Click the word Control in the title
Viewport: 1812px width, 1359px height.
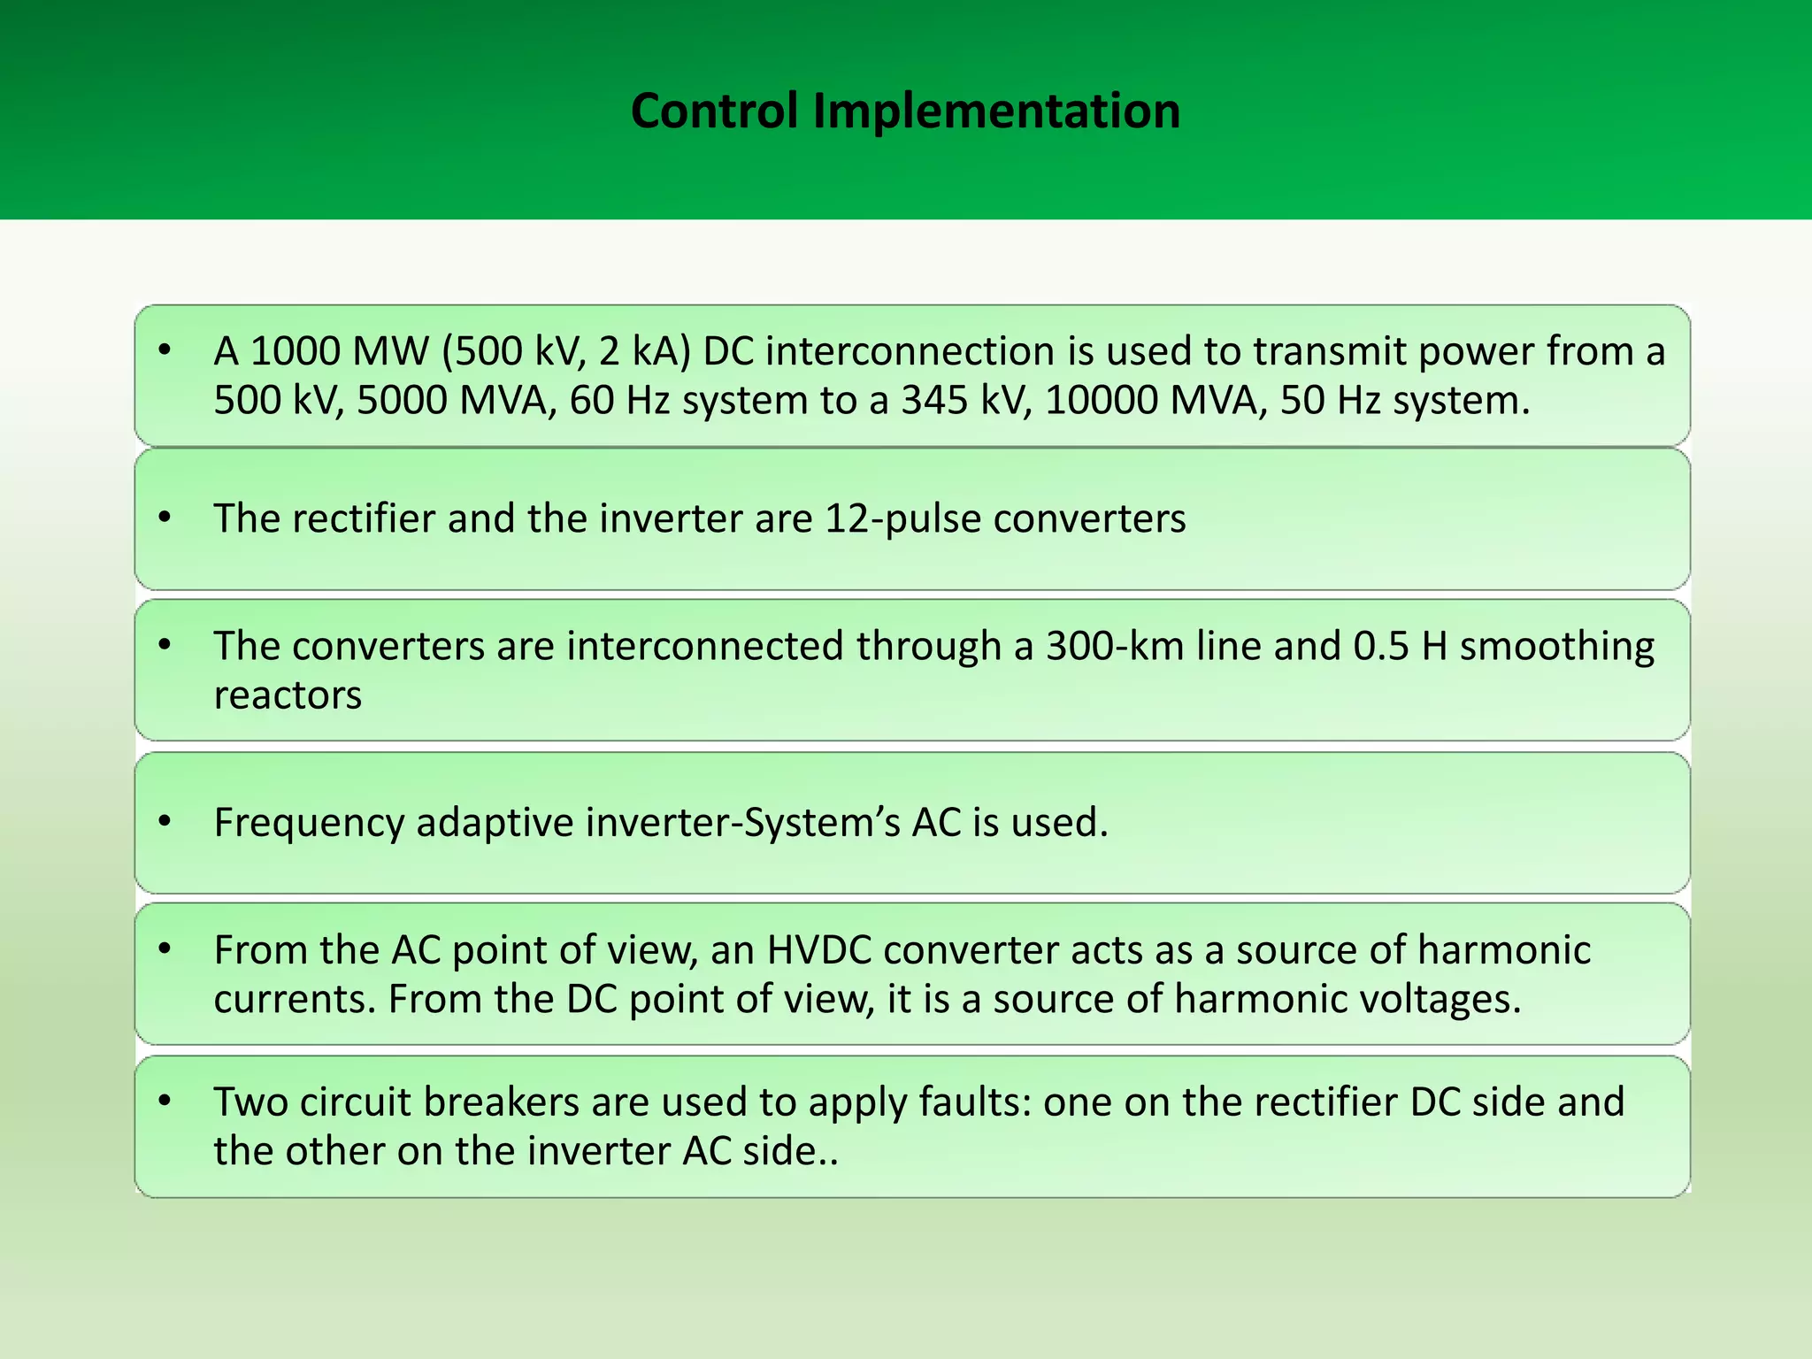click(714, 111)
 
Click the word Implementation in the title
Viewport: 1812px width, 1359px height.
click(996, 111)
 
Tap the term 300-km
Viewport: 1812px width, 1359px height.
click(1115, 647)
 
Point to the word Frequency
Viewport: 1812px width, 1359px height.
click(309, 824)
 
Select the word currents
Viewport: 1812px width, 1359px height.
click(295, 1000)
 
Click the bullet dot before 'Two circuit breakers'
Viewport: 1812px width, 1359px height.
click(165, 1101)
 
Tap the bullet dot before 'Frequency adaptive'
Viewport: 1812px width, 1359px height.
click(165, 822)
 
